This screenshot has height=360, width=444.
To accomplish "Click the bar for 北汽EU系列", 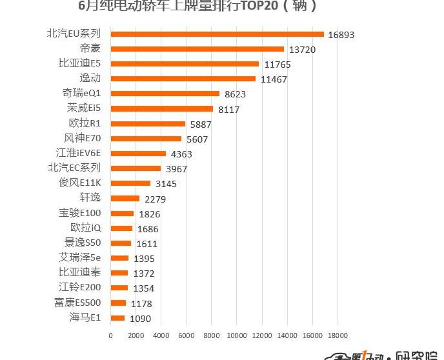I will click(x=217, y=34).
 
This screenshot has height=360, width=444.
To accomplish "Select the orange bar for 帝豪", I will click(x=197, y=48).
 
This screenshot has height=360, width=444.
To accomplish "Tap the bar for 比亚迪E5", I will click(x=185, y=64).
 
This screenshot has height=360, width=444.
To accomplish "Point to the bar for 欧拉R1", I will click(x=148, y=123).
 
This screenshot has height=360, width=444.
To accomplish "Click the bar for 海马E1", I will click(x=117, y=317).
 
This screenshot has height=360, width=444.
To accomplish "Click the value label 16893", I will click(x=341, y=35).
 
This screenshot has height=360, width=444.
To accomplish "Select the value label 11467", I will click(x=274, y=79).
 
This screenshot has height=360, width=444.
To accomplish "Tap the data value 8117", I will click(x=229, y=110).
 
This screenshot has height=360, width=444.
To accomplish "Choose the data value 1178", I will click(x=141, y=303).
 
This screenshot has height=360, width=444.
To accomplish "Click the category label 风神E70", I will click(x=82, y=138).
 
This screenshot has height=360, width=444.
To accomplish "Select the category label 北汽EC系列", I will click(x=74, y=168).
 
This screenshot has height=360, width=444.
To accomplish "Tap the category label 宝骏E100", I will click(x=79, y=213).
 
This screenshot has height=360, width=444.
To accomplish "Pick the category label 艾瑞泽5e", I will click(x=79, y=257).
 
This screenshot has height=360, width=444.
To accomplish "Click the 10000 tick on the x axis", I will click(x=237, y=335).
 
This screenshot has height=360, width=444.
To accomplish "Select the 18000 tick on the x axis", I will click(x=338, y=335).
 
